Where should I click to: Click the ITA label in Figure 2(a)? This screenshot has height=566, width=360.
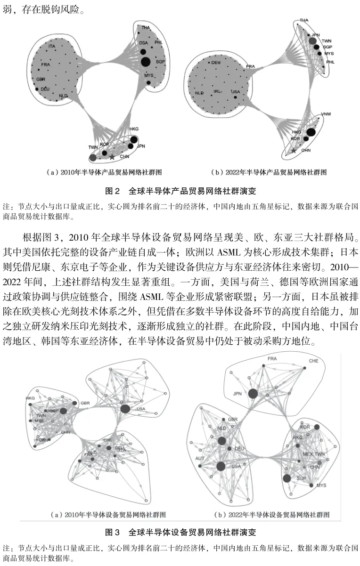click(x=52, y=46)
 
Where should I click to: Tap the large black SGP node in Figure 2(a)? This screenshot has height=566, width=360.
click(x=146, y=61)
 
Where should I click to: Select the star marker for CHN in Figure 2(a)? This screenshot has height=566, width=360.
click(x=112, y=156)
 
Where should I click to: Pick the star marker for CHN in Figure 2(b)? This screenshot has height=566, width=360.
click(x=294, y=151)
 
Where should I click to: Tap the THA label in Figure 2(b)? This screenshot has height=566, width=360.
click(x=304, y=21)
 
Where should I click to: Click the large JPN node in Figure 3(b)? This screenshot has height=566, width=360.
click(x=253, y=394)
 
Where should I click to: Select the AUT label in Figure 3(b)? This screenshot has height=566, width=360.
click(x=199, y=457)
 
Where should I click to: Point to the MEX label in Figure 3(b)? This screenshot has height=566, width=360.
click(x=307, y=454)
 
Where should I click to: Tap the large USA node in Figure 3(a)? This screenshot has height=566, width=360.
click(x=125, y=409)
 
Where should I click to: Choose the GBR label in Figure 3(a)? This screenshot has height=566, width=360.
click(x=85, y=403)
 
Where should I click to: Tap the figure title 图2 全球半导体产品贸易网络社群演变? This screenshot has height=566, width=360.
click(x=180, y=191)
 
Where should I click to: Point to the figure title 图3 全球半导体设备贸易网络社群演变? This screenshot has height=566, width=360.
click(x=180, y=533)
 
